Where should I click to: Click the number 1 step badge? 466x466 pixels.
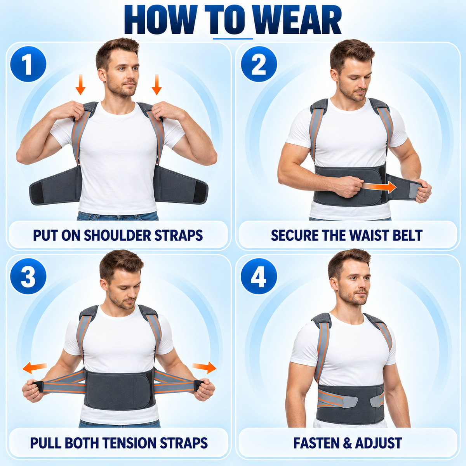click(28, 64)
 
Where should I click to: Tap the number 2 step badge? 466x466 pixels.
click(259, 64)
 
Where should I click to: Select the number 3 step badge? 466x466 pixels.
click(28, 276)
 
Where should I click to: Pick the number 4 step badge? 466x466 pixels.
click(259, 276)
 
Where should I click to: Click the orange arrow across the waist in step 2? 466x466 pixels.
click(379, 187)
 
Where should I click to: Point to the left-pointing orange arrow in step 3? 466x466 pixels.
click(35, 368)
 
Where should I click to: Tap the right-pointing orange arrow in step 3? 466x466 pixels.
click(204, 368)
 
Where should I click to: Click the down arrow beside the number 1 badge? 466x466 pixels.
click(80, 84)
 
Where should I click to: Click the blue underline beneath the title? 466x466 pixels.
click(233, 38)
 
